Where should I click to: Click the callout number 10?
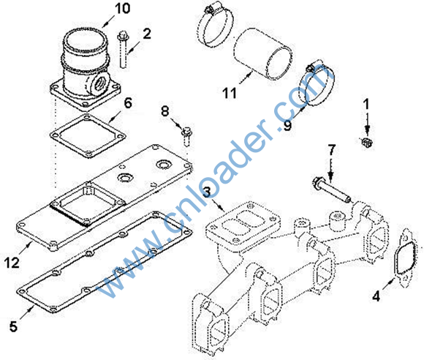(123, 8)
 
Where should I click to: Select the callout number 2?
(146, 34)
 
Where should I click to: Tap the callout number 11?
(230, 93)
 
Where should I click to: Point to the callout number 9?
(287, 126)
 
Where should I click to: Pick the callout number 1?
(366, 104)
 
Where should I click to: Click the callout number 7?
(331, 150)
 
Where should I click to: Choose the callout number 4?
(376, 296)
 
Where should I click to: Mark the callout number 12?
(12, 263)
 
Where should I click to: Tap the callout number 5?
(13, 326)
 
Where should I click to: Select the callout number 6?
(128, 103)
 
